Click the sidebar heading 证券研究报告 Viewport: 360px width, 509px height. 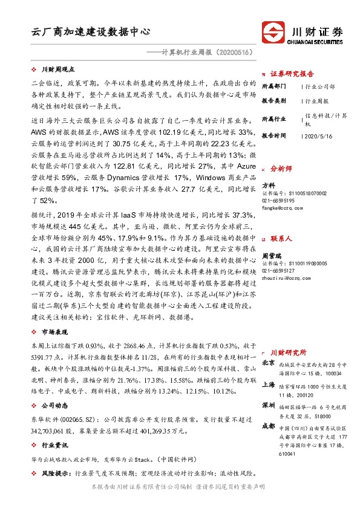(x=293, y=73)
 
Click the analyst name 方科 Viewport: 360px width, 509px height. (x=268, y=184)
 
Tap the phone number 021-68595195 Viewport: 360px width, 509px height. (x=278, y=200)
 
